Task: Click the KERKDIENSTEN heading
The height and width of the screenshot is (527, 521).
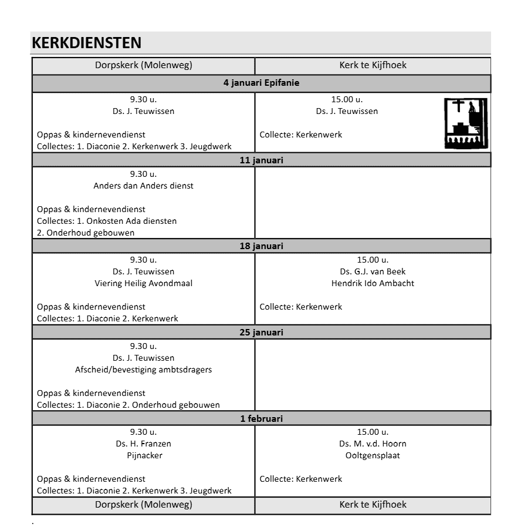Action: (x=87, y=43)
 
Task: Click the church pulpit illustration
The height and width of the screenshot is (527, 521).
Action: (x=466, y=123)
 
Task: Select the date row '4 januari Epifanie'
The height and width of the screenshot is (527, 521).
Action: (x=261, y=83)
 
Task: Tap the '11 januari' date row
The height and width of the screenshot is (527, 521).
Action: (x=261, y=160)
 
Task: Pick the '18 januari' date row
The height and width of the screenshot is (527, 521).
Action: (x=261, y=246)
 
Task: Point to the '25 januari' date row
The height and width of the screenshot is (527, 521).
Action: (x=261, y=333)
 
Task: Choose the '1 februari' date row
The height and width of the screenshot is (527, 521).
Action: (x=261, y=419)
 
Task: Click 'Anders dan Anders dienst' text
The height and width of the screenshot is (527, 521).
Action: (x=143, y=186)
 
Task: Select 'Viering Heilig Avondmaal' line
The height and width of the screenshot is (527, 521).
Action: (x=143, y=283)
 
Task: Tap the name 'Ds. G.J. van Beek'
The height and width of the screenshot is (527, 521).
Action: (x=373, y=271)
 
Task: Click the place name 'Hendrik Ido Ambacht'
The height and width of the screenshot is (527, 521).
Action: (x=373, y=283)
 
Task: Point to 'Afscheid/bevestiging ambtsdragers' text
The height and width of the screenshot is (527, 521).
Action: (x=143, y=370)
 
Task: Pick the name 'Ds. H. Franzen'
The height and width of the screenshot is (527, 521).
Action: (x=143, y=444)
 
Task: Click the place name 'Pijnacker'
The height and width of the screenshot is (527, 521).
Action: (x=143, y=455)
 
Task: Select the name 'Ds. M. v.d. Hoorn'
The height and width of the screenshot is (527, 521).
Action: (x=373, y=444)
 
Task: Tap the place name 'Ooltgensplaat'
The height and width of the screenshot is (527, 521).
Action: (x=373, y=455)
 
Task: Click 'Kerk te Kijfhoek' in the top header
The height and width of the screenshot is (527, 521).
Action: (x=373, y=65)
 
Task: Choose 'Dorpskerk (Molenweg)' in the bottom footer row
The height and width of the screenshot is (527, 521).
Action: (x=143, y=504)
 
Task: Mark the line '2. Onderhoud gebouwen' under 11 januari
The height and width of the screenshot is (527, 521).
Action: (x=86, y=233)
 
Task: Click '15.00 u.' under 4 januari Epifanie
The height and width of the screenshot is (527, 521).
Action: (x=347, y=99)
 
